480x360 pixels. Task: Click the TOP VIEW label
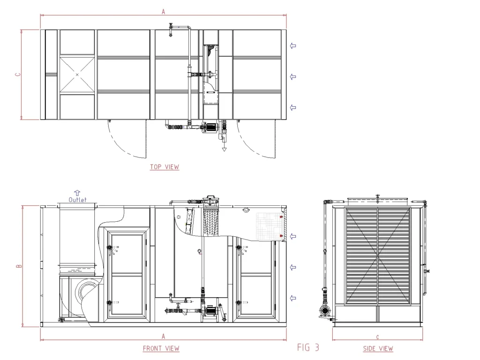tap(165, 167)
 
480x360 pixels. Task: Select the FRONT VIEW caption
tap(161, 348)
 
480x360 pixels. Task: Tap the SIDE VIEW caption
tap(378, 348)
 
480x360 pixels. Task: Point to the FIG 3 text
tap(308, 347)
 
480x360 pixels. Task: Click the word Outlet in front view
tap(77, 200)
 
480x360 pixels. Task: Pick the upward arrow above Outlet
tap(77, 192)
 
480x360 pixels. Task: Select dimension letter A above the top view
tap(163, 12)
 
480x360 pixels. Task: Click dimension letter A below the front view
tap(163, 336)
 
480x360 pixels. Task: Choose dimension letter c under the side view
tap(377, 337)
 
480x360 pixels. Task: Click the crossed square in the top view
tap(77, 75)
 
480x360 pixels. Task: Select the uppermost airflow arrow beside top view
tap(293, 45)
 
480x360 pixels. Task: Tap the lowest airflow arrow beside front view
tap(293, 298)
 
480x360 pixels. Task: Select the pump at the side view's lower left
tap(323, 310)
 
